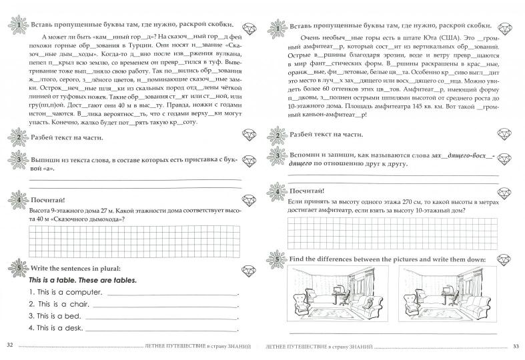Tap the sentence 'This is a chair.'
point(59,304)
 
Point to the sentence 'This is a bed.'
point(56,316)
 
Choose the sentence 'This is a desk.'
point(58,328)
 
